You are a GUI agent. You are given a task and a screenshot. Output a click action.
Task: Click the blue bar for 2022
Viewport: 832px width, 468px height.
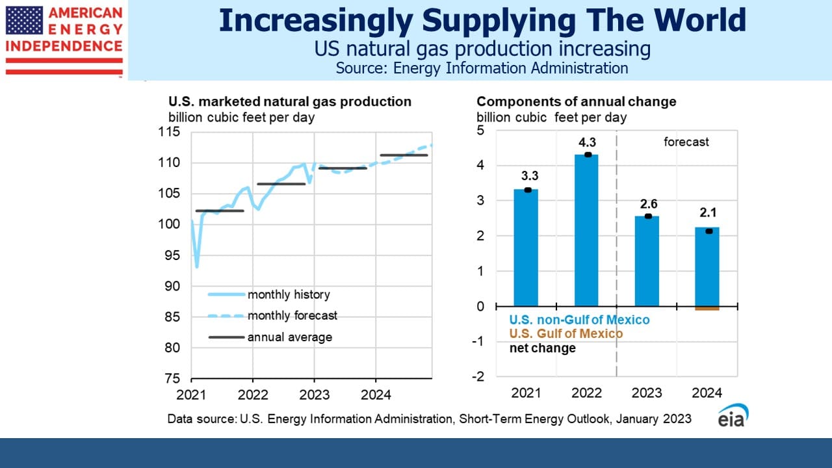586,230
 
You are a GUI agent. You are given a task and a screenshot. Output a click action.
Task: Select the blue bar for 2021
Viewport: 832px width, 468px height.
526,248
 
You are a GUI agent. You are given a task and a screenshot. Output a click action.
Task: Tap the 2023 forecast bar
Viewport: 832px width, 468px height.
647,261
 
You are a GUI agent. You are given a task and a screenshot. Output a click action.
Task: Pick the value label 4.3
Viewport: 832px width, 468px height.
587,142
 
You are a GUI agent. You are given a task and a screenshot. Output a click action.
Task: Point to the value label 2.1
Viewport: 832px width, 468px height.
708,213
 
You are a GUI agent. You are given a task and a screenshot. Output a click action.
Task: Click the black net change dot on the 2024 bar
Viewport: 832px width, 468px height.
708,231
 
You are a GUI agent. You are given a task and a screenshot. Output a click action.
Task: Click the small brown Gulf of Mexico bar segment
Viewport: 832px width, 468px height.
707,308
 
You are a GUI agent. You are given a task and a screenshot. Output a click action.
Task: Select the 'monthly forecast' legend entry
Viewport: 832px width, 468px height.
272,316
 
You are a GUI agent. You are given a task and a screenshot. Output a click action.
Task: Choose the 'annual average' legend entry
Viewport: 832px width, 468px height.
270,337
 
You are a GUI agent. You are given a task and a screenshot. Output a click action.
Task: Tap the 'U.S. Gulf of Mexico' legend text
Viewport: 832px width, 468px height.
566,333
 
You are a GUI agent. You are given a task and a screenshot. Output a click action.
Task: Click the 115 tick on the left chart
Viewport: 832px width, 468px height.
169,132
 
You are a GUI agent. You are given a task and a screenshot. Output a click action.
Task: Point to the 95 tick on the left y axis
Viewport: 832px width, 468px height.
172,255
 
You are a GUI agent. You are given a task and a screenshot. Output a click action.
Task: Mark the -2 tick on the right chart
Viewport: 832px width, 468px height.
478,376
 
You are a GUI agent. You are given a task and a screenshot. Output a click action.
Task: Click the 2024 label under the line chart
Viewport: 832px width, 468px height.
376,395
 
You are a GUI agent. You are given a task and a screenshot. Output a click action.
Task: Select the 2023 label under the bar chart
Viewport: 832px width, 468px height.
647,393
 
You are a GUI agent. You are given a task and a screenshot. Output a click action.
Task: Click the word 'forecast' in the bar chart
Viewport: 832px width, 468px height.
686,142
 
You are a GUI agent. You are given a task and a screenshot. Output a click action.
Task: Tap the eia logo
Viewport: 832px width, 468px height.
733,415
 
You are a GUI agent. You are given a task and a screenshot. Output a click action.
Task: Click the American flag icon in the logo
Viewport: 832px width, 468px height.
24,20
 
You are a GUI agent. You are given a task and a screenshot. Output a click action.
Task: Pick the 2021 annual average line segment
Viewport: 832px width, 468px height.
220,211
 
